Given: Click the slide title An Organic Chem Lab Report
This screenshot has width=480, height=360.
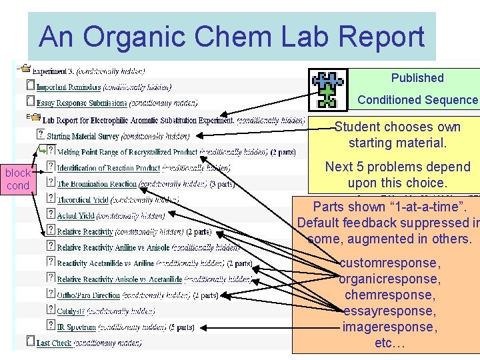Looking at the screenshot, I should click(231, 37).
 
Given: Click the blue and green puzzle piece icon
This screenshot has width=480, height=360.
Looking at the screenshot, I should click(327, 89).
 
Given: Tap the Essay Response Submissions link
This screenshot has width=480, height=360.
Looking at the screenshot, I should click(81, 103).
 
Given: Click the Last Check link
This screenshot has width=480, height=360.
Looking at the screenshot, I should click(53, 343).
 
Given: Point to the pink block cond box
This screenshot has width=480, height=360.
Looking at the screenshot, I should click(17, 179).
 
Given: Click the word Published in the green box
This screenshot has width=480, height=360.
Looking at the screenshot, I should click(417, 78).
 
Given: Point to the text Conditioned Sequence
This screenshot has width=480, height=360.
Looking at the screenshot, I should click(417, 100).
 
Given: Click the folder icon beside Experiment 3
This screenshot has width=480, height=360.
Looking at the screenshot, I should click(25, 68).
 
